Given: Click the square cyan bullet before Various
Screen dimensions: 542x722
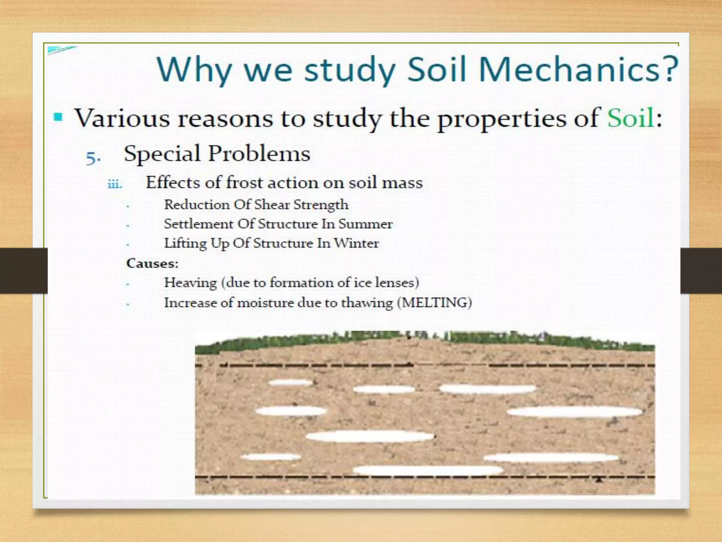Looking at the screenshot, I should (58, 117).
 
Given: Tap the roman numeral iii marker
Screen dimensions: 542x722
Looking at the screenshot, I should (115, 184).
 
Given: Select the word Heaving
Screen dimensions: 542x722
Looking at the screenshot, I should (190, 283).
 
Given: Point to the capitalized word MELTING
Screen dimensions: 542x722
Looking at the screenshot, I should (434, 303).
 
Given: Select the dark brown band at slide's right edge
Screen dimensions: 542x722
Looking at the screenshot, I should (702, 271).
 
